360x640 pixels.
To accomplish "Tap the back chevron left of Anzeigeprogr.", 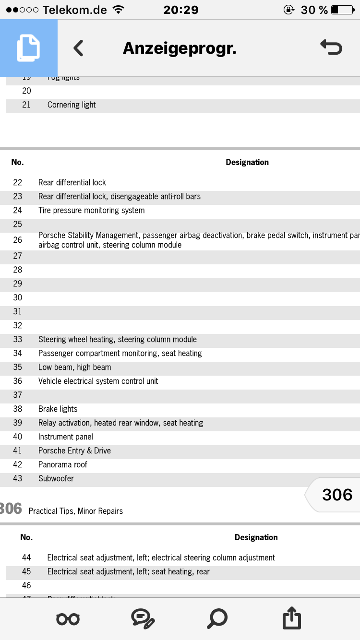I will (78, 48).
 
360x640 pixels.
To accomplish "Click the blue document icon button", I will (28, 48).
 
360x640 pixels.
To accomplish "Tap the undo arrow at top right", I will (331, 47).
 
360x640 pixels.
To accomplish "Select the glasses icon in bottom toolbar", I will (68, 619).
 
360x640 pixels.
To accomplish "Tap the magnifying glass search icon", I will (217, 618).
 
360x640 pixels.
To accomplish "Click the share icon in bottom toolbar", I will (291, 618).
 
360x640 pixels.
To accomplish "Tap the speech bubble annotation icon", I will (143, 618).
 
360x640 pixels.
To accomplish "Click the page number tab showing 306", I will (336, 495).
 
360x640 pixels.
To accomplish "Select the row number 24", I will (18, 210).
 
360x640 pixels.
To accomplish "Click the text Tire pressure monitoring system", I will (91, 210).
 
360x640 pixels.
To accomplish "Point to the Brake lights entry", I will (58, 409).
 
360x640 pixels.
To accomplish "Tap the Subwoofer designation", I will (56, 478).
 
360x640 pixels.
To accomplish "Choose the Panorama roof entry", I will (63, 464).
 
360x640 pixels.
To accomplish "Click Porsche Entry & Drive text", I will (74, 450).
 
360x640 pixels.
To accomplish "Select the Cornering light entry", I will (72, 105).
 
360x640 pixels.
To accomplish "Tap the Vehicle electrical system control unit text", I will (98, 381).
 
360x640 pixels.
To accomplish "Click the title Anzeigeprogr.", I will (180, 48).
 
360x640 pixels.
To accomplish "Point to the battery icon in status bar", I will (341, 10).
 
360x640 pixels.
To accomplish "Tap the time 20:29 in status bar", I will (180, 10).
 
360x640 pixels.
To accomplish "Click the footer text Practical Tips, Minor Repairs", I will (76, 511).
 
